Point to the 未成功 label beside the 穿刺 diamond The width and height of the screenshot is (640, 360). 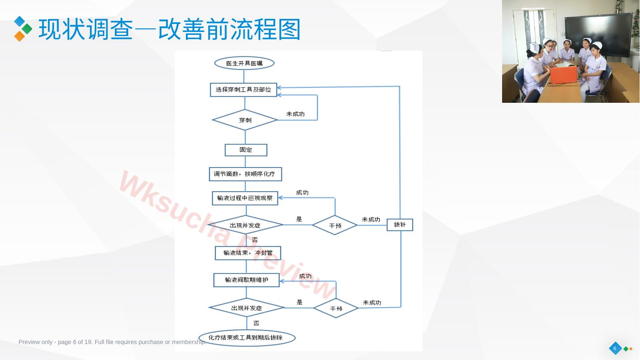295,114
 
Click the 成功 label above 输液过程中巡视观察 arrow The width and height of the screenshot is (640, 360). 302,193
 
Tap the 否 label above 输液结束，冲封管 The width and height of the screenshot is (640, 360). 255,240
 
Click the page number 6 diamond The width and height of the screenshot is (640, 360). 615,348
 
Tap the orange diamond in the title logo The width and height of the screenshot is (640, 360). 20,36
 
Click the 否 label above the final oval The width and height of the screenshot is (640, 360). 256,323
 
